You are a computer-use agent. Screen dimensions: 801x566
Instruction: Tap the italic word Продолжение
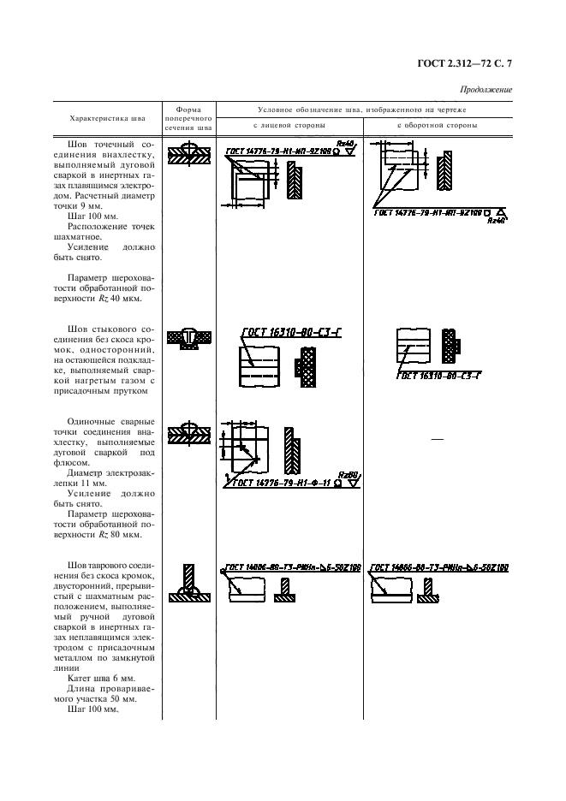(x=486, y=90)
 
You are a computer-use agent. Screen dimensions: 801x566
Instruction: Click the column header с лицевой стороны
(x=289, y=126)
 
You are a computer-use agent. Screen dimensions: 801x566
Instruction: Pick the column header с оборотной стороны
(x=438, y=126)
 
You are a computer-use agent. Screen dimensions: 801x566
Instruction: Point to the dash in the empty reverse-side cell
(x=438, y=439)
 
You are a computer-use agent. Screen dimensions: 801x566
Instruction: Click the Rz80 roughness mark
(x=348, y=474)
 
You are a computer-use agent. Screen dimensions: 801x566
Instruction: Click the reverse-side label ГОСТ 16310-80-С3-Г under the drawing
(x=438, y=376)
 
